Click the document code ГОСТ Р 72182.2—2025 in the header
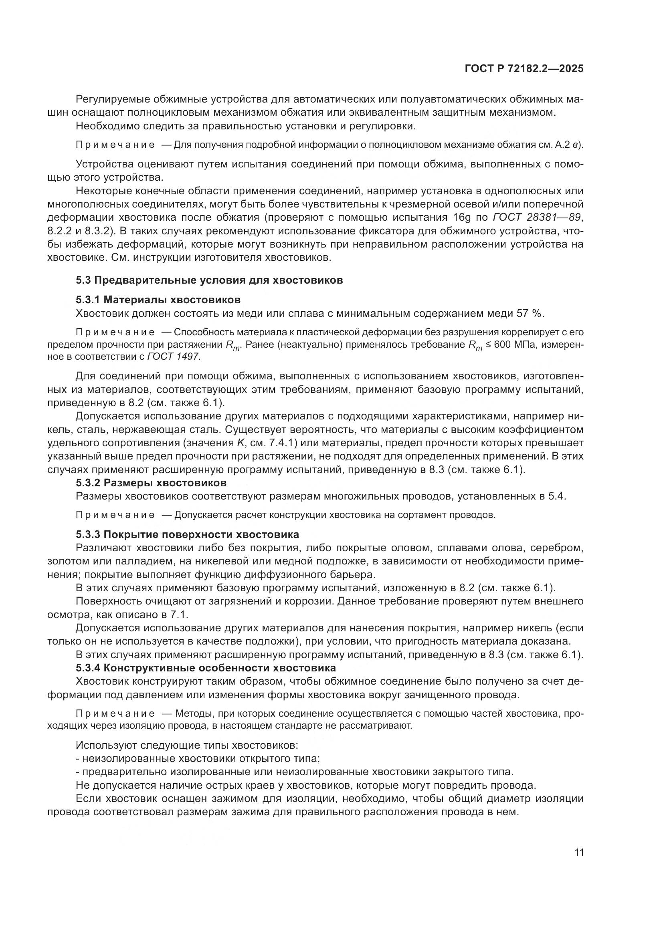[x=524, y=69]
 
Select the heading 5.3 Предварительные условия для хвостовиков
[x=209, y=280]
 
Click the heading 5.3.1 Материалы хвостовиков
[x=158, y=300]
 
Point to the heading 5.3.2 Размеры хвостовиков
[x=151, y=483]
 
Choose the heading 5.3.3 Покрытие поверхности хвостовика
[x=187, y=535]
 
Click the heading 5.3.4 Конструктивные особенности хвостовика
[x=206, y=668]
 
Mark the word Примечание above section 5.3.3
[x=115, y=515]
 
